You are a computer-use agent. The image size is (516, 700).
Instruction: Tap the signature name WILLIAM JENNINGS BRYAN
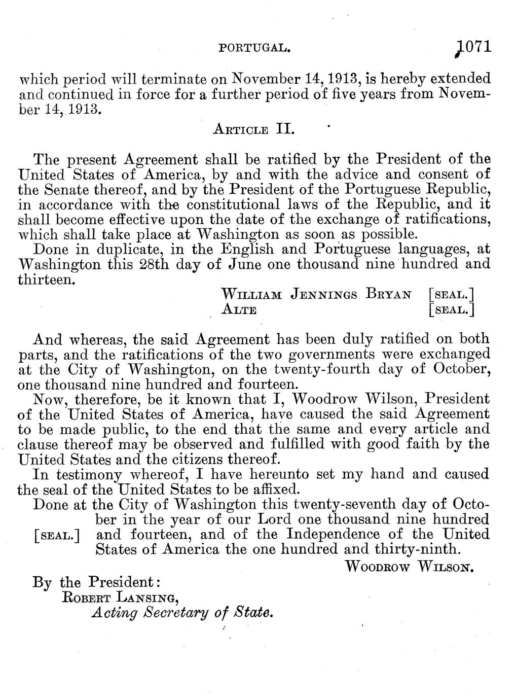click(x=316, y=294)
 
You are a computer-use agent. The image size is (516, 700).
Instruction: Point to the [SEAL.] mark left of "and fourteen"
click(x=57, y=536)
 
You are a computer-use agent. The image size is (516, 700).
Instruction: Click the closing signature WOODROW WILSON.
click(x=409, y=566)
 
